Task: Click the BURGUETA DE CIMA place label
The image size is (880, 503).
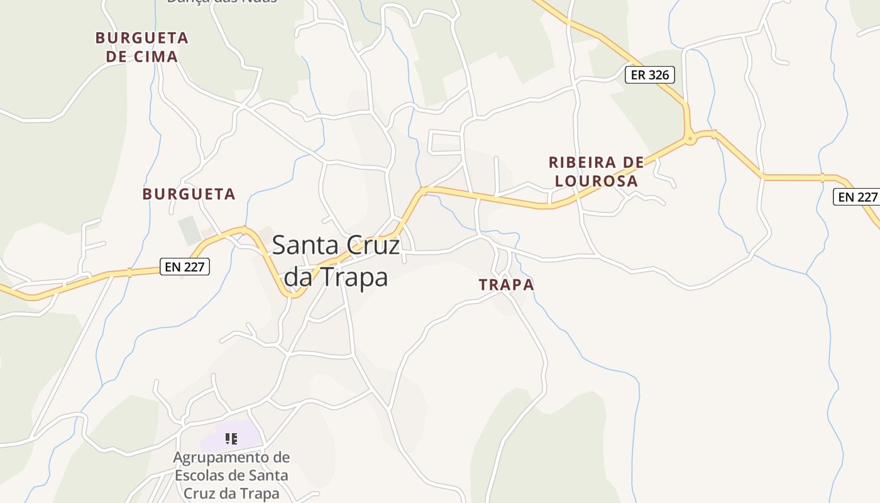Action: click(141, 47)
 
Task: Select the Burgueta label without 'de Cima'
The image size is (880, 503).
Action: click(189, 194)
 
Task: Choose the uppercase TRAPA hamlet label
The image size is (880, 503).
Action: click(506, 285)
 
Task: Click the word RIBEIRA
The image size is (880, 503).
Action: click(581, 162)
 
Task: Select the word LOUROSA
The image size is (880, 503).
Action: click(596, 181)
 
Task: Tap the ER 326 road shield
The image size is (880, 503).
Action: click(650, 75)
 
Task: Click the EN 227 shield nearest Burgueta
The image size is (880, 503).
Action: click(184, 267)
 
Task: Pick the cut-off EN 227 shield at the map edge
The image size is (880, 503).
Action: click(856, 197)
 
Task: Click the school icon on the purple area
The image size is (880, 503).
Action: click(231, 438)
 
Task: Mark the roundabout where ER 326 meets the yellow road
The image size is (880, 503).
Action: click(691, 139)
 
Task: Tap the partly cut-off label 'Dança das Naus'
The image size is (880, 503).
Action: click(221, 2)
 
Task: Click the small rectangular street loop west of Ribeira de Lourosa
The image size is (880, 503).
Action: click(445, 142)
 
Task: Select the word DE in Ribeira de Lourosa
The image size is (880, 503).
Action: click(632, 162)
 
